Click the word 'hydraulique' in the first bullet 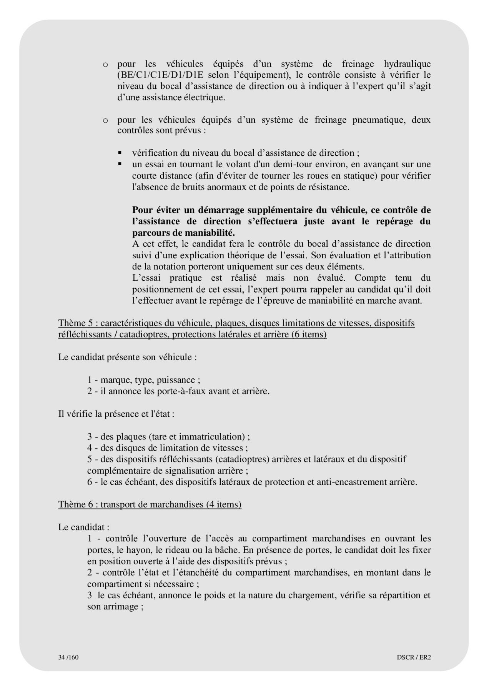407,64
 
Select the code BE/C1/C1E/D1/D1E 158,75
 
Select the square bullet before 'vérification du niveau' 120,153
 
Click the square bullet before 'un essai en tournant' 120,164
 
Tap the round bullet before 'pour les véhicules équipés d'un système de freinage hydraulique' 105,65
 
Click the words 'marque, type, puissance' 148,380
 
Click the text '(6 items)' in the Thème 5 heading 309,334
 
